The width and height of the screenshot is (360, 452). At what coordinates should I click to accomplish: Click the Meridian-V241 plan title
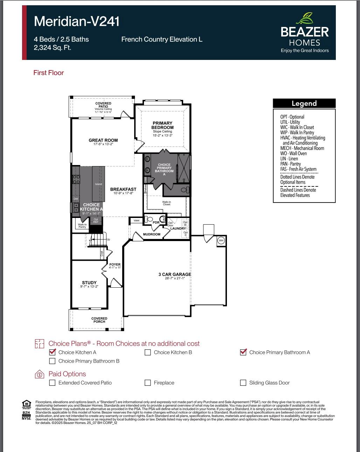[x=77, y=21]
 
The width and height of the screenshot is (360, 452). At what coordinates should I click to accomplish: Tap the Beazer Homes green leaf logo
[x=305, y=18]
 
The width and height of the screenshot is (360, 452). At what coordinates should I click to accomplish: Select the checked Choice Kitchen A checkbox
[x=53, y=352]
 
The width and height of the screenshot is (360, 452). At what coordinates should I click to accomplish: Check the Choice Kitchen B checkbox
[x=148, y=352]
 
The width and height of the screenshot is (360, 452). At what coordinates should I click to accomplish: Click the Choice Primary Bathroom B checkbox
[x=53, y=361]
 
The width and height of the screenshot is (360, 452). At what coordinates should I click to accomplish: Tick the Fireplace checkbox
[x=148, y=383]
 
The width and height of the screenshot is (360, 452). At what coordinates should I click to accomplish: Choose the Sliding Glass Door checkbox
[x=243, y=383]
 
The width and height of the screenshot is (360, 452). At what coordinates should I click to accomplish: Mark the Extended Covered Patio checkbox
[x=53, y=383]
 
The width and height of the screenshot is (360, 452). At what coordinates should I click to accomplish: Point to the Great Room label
[x=103, y=140]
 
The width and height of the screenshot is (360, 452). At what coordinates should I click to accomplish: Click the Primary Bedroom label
[x=162, y=125]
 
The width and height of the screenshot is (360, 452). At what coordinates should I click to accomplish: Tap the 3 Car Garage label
[x=175, y=274]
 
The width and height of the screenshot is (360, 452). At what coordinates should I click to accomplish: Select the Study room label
[x=89, y=282]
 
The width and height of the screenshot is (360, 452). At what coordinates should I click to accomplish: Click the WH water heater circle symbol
[x=221, y=240]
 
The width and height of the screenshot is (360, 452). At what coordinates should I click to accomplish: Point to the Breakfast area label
[x=123, y=189]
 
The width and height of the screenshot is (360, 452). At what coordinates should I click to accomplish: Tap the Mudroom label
[x=152, y=234]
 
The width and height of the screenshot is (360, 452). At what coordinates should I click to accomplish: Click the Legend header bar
[x=304, y=103]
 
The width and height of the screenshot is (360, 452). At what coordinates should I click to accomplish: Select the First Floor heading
[x=49, y=73]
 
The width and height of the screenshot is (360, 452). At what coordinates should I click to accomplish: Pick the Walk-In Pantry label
[x=82, y=226]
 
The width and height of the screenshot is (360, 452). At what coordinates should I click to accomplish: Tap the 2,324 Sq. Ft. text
[x=53, y=48]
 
